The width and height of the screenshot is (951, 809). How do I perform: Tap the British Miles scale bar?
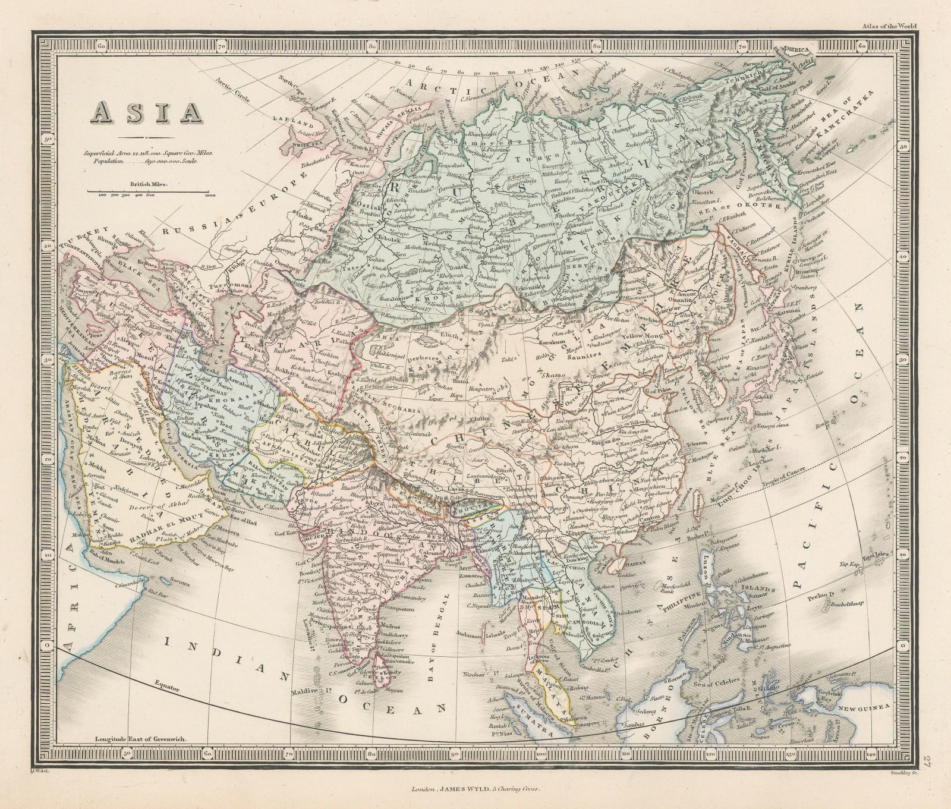(152, 192)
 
